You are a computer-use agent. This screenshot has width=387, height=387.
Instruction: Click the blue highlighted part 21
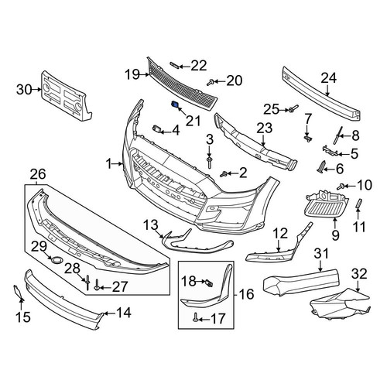point(175,104)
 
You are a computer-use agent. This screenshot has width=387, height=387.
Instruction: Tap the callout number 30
point(24,90)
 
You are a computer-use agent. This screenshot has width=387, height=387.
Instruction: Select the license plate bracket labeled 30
point(67,96)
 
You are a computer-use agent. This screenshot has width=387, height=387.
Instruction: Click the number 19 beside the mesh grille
point(132,75)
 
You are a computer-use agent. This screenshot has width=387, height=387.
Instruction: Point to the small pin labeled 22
point(174,65)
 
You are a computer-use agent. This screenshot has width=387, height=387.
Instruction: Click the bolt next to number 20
point(211,83)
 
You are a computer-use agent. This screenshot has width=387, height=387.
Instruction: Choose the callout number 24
point(329,78)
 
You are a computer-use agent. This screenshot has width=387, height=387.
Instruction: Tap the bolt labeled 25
point(293,108)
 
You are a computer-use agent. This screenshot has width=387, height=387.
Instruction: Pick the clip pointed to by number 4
point(157,128)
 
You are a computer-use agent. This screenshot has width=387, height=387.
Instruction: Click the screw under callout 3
point(209,163)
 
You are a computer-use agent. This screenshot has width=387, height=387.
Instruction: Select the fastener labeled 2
point(224,174)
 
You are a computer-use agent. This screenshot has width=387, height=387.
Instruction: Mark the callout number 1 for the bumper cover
point(109,163)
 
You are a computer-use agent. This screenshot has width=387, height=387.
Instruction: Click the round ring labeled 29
point(56,259)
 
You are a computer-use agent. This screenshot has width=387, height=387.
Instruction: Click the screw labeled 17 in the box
point(195,318)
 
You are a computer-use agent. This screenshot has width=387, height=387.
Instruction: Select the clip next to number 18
point(209,283)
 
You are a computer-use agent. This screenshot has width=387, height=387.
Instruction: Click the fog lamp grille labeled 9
point(327,204)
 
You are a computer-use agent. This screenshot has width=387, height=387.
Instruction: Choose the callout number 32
point(360,274)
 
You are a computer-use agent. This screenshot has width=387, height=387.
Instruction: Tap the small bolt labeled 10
point(341,187)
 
